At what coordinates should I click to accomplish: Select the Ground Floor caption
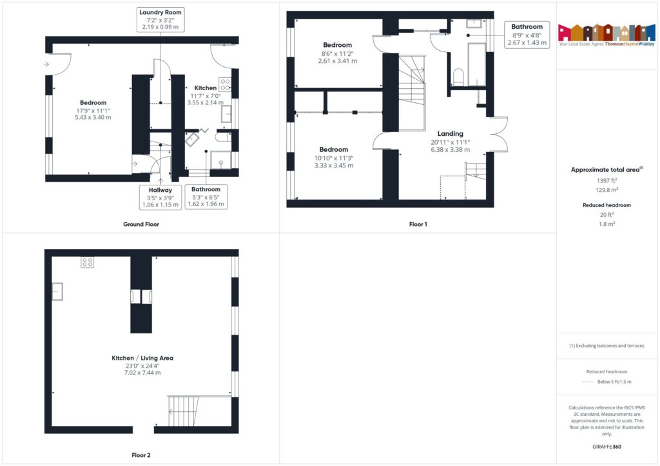[x=141, y=225]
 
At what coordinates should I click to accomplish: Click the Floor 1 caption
[x=418, y=225]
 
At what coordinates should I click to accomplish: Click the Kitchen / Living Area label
[x=142, y=358]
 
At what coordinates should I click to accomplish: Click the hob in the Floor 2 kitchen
[x=87, y=262]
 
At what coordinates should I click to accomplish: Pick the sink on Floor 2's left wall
[x=57, y=292]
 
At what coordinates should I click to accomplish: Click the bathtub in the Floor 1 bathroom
[x=476, y=64]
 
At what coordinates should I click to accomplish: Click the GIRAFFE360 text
[x=608, y=447]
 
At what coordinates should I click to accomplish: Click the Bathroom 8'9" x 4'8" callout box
[x=527, y=35]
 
